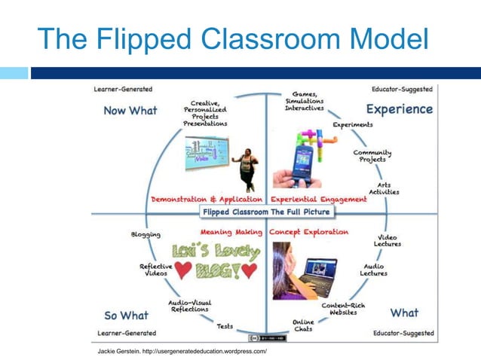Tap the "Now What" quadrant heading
point(130,111)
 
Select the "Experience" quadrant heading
point(399,109)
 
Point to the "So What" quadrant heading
point(127,315)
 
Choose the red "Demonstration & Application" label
point(207,200)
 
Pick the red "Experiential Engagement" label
point(318,200)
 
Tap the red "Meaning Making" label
point(231,232)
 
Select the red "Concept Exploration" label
point(309,232)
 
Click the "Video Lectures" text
point(388,241)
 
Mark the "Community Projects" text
point(372,156)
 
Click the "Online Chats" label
point(303,325)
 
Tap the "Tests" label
point(225,327)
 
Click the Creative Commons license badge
point(268,338)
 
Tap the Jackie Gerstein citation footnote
point(182,351)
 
